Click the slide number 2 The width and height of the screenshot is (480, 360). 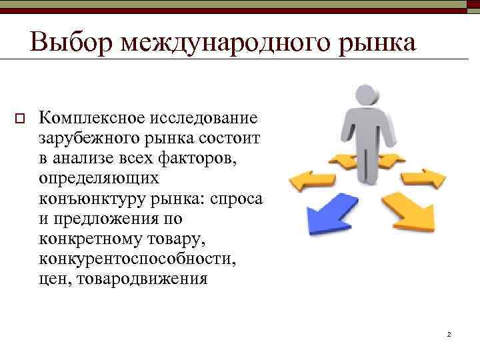click(449, 333)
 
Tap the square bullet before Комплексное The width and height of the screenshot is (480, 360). click(19, 119)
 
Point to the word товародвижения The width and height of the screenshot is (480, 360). click(143, 278)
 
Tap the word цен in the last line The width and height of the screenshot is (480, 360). click(55, 278)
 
